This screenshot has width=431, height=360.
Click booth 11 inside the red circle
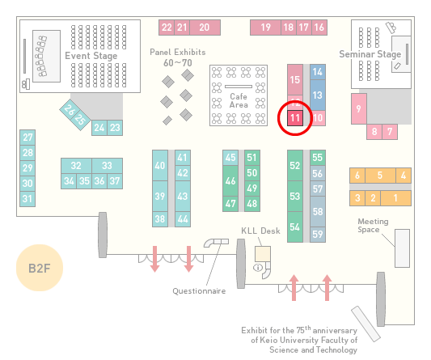tap(295, 118)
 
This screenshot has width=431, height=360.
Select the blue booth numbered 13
tap(318, 95)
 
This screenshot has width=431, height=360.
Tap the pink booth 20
tap(205, 28)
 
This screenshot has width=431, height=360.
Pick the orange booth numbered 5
tap(380, 176)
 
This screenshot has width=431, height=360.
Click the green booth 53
tap(295, 196)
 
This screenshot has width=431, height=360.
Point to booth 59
tap(318, 235)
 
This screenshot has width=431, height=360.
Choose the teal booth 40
tap(160, 165)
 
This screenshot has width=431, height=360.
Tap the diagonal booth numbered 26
tap(70, 110)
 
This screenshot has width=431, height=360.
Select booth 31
tap(27, 198)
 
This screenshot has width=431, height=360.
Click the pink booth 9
tap(359, 108)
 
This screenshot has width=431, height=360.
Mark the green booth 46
tap(230, 180)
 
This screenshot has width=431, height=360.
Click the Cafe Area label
tap(239, 100)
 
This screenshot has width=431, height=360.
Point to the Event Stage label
tap(91, 56)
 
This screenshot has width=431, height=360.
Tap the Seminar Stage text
tap(370, 54)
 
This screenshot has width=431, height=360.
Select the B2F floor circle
tap(40, 268)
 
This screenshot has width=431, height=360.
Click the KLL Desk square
tap(263, 254)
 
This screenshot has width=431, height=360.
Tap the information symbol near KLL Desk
tap(258, 267)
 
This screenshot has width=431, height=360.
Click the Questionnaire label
tap(199, 291)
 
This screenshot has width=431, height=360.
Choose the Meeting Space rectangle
tap(402, 248)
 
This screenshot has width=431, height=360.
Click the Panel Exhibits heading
tap(178, 52)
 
